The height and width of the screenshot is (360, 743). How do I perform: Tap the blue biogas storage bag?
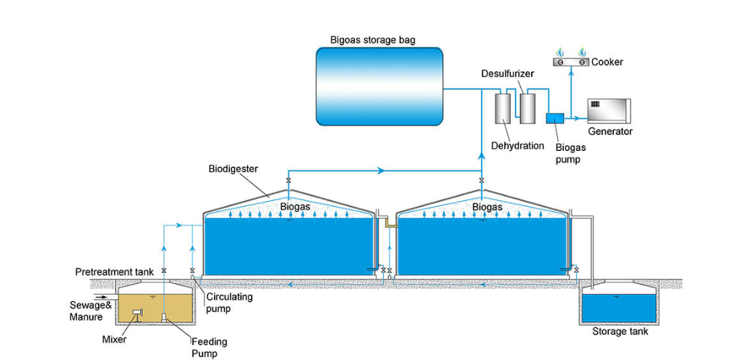tap(379, 86)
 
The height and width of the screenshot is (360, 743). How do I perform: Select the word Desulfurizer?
tap(506, 75)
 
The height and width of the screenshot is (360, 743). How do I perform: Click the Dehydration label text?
tap(517, 146)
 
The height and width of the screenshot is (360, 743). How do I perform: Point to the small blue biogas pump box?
tap(555, 117)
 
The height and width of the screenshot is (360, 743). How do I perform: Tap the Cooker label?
tap(607, 62)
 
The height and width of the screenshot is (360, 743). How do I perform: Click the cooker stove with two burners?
tap(570, 62)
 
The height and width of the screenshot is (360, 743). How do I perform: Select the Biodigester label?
tap(234, 170)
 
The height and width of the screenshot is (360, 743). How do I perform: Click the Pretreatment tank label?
tap(115, 272)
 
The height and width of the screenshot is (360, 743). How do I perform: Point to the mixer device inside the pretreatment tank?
tap(137, 314)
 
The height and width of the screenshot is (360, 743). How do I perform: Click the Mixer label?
tap(115, 339)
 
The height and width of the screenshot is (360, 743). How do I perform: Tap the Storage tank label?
tap(620, 332)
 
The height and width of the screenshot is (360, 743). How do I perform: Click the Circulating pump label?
tap(229, 302)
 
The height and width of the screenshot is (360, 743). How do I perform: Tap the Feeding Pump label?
tap(209, 348)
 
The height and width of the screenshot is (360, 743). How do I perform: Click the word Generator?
tap(610, 131)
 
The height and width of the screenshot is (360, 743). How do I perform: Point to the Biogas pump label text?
tap(570, 152)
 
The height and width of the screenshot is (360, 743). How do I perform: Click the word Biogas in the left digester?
tap(295, 207)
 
